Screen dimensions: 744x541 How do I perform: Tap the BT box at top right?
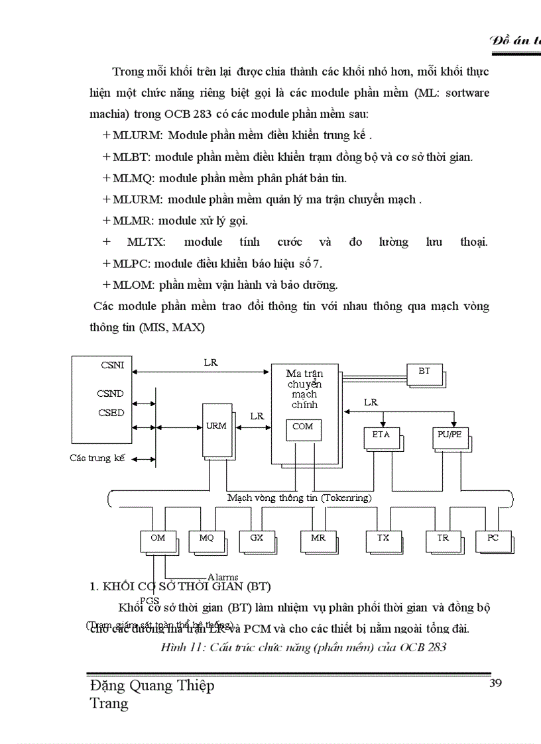coord(424,374)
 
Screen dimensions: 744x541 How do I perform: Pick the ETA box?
coord(381,437)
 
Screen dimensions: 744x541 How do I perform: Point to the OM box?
coord(158,541)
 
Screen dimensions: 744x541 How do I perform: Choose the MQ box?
coord(206,541)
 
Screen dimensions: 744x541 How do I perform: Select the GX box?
coord(257,541)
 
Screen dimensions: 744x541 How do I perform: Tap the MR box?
coord(318,541)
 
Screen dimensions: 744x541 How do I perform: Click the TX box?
coord(383,541)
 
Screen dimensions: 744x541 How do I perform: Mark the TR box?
coord(443,541)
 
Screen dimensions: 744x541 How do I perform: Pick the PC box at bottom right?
coord(493,541)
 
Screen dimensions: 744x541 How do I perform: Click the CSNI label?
coord(112,364)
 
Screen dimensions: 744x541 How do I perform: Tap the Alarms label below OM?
coord(223,577)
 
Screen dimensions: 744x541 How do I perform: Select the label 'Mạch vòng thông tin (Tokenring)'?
coord(299,498)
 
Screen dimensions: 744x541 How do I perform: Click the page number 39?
coord(495,684)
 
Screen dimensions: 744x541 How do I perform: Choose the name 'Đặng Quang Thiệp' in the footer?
coord(152,686)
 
